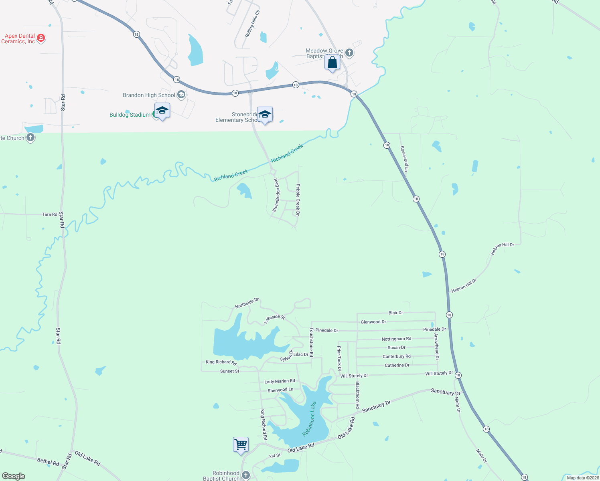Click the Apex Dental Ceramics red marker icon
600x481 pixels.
pos(41,38)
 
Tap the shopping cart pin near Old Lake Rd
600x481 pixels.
pos(241,445)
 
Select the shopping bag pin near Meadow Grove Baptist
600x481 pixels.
pos(332,63)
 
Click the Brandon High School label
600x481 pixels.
pos(149,95)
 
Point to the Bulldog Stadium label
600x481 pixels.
pos(130,115)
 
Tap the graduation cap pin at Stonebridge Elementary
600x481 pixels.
pos(265,115)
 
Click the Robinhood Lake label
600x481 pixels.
pos(309,419)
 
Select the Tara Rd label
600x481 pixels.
pos(50,214)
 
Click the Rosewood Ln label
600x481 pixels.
pos(404,159)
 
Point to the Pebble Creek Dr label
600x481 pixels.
pos(298,199)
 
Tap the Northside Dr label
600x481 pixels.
pos(247,303)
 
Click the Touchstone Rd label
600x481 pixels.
pos(311,342)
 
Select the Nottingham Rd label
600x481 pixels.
pos(396,339)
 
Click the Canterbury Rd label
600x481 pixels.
pos(396,356)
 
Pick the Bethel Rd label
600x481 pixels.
pos(48,462)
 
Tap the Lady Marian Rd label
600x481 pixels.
pos(280,381)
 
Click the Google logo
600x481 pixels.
pos(14,476)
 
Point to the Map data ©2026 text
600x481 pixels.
pos(582,478)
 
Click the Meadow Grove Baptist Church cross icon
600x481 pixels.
pos(349,53)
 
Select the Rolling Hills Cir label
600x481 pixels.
pos(252,24)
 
